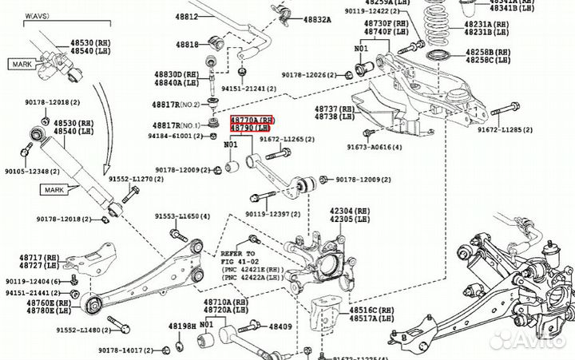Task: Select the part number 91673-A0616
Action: [x=375, y=148]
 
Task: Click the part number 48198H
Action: [x=182, y=326]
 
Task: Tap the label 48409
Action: [x=280, y=326]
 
